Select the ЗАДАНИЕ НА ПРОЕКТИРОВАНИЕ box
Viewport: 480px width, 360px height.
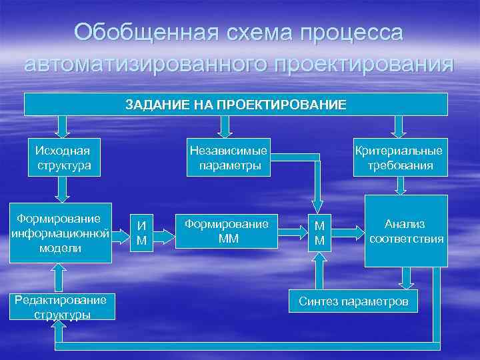[236, 105]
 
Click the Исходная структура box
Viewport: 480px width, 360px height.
[63, 158]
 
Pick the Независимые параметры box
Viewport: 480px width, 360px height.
[229, 158]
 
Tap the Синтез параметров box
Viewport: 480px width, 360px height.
[353, 301]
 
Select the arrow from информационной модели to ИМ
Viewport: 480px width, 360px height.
[120, 233]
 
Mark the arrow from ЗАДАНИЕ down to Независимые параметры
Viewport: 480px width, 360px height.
[226, 126]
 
